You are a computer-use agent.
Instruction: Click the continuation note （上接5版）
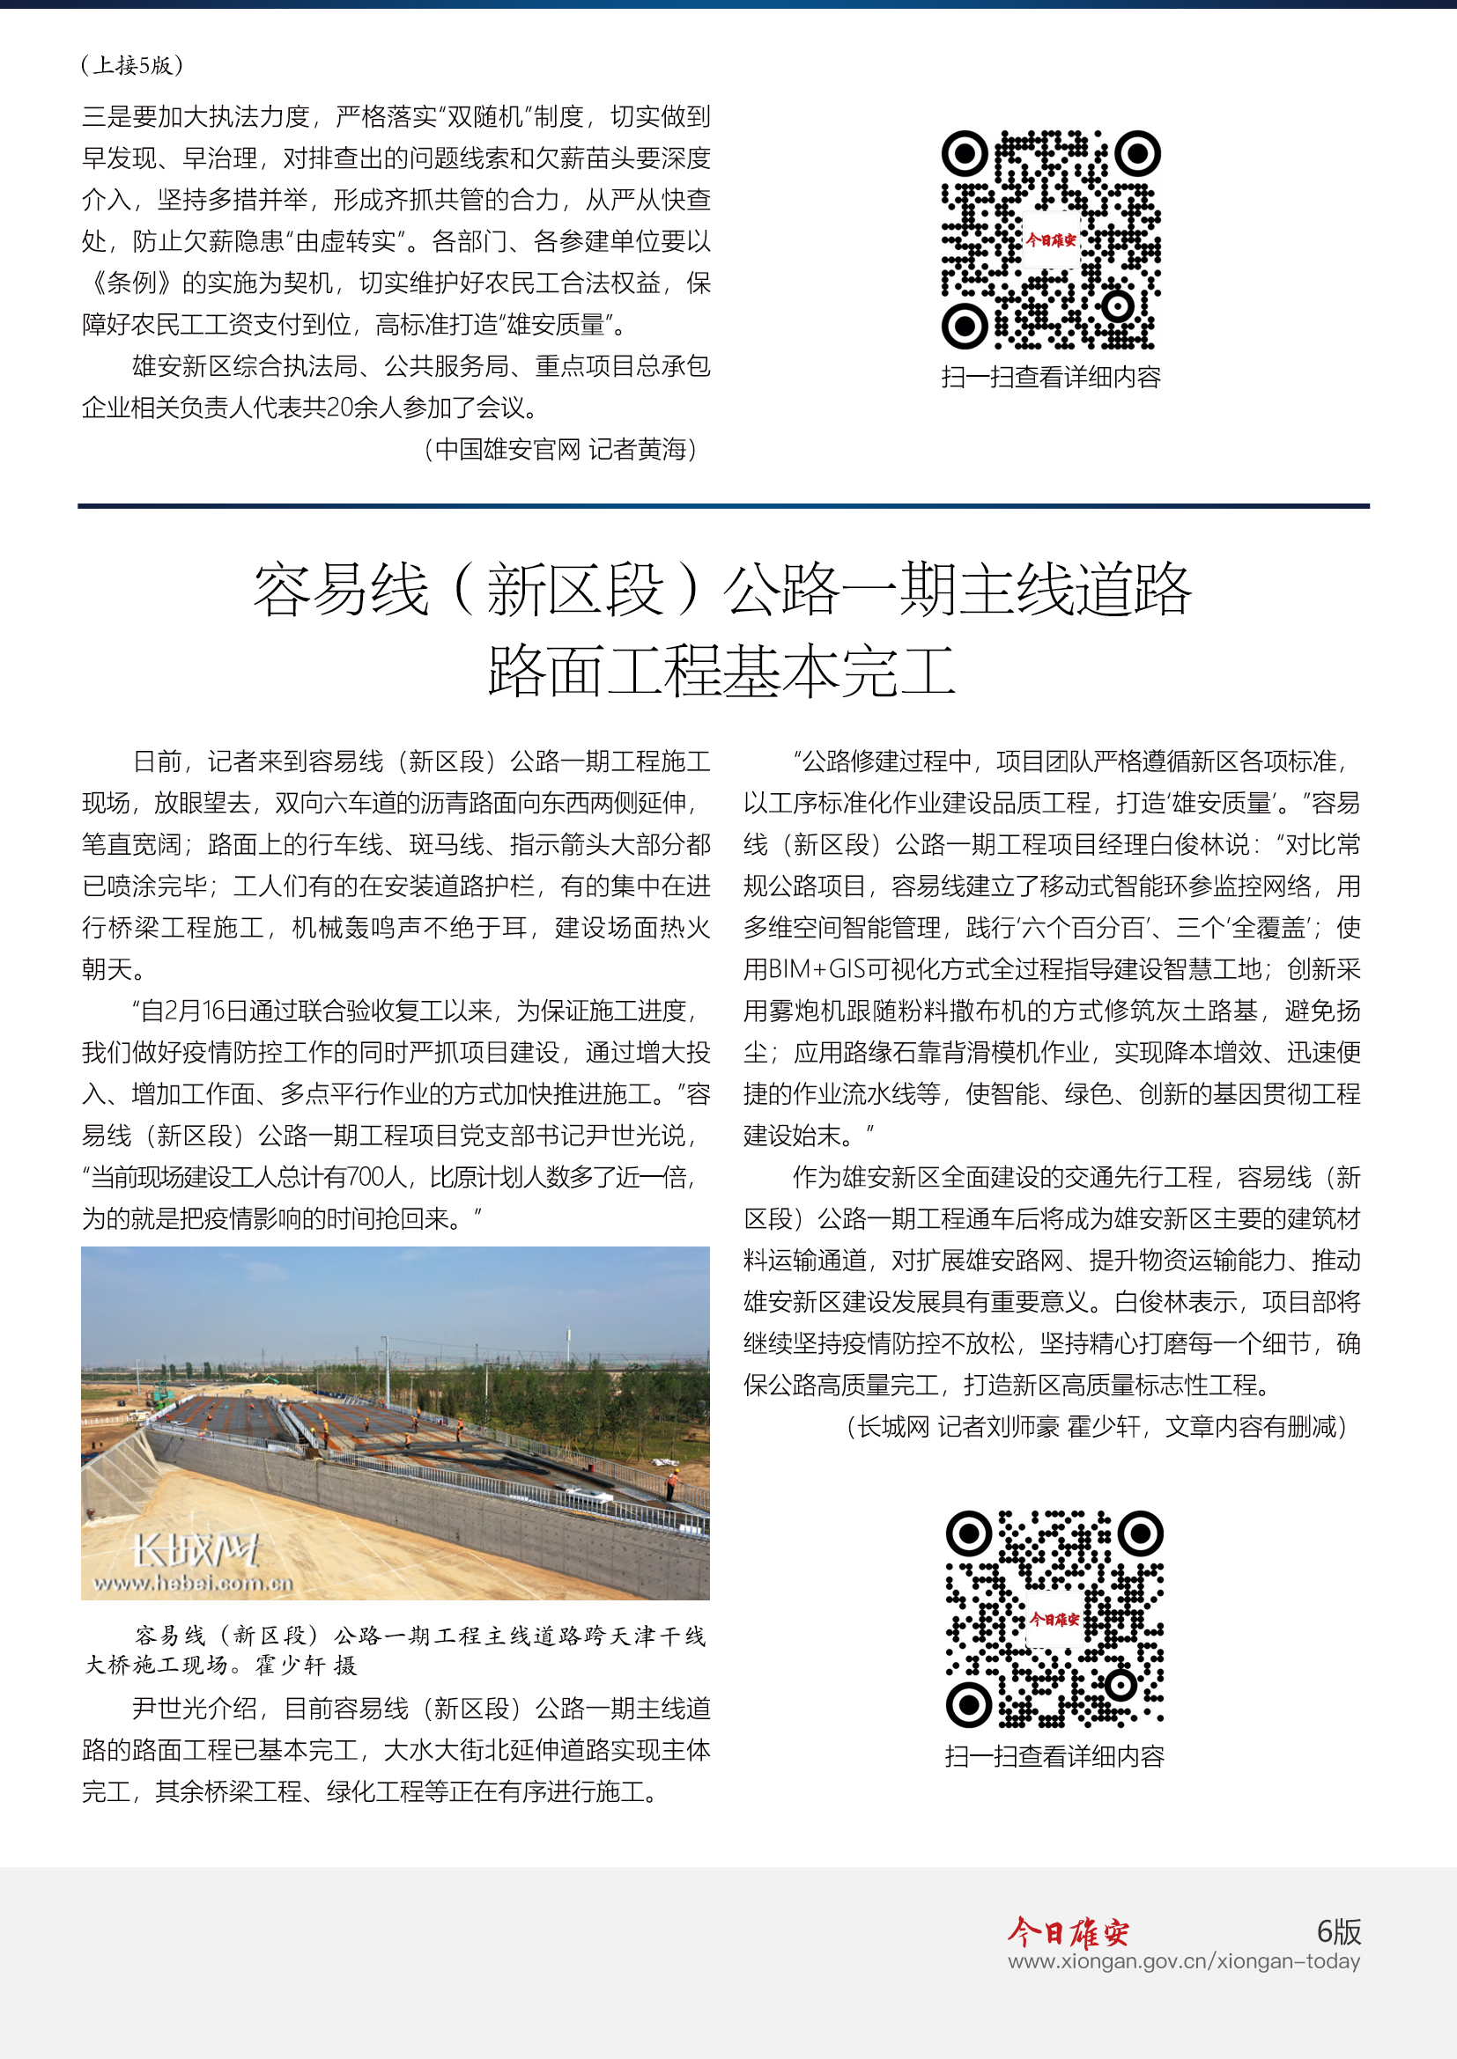(132, 65)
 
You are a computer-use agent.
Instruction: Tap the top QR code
(1051, 240)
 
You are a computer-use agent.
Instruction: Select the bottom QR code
(1054, 1619)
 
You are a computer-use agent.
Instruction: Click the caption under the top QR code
(1051, 377)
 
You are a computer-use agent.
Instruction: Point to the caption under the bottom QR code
(1054, 1756)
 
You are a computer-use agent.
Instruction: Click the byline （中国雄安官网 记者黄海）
(561, 449)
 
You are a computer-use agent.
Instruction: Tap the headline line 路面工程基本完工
(722, 671)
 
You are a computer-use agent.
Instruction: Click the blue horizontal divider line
(723, 506)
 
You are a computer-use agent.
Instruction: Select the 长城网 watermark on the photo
(195, 1549)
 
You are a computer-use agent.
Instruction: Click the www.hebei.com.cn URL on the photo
(193, 1584)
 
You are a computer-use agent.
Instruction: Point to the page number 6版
(1339, 1930)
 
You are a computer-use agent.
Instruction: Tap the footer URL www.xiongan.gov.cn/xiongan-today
(1183, 1961)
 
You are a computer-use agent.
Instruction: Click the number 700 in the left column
(366, 1178)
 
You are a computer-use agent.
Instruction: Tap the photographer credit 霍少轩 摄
(306, 1666)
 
